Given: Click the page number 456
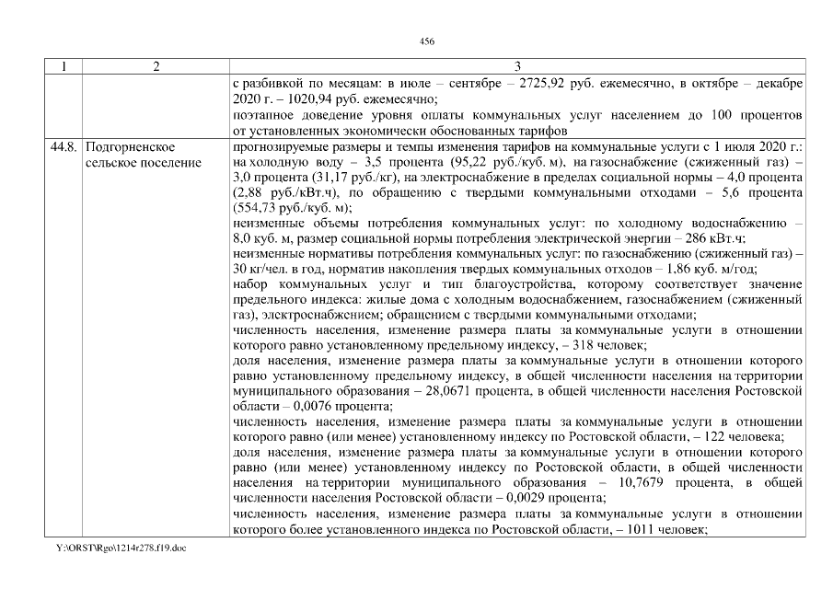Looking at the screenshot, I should tap(426, 41).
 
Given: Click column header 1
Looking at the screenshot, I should tap(64, 66).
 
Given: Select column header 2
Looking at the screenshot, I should tap(156, 66).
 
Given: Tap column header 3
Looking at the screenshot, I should tap(517, 66).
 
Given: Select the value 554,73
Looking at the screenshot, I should tap(270, 207).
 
